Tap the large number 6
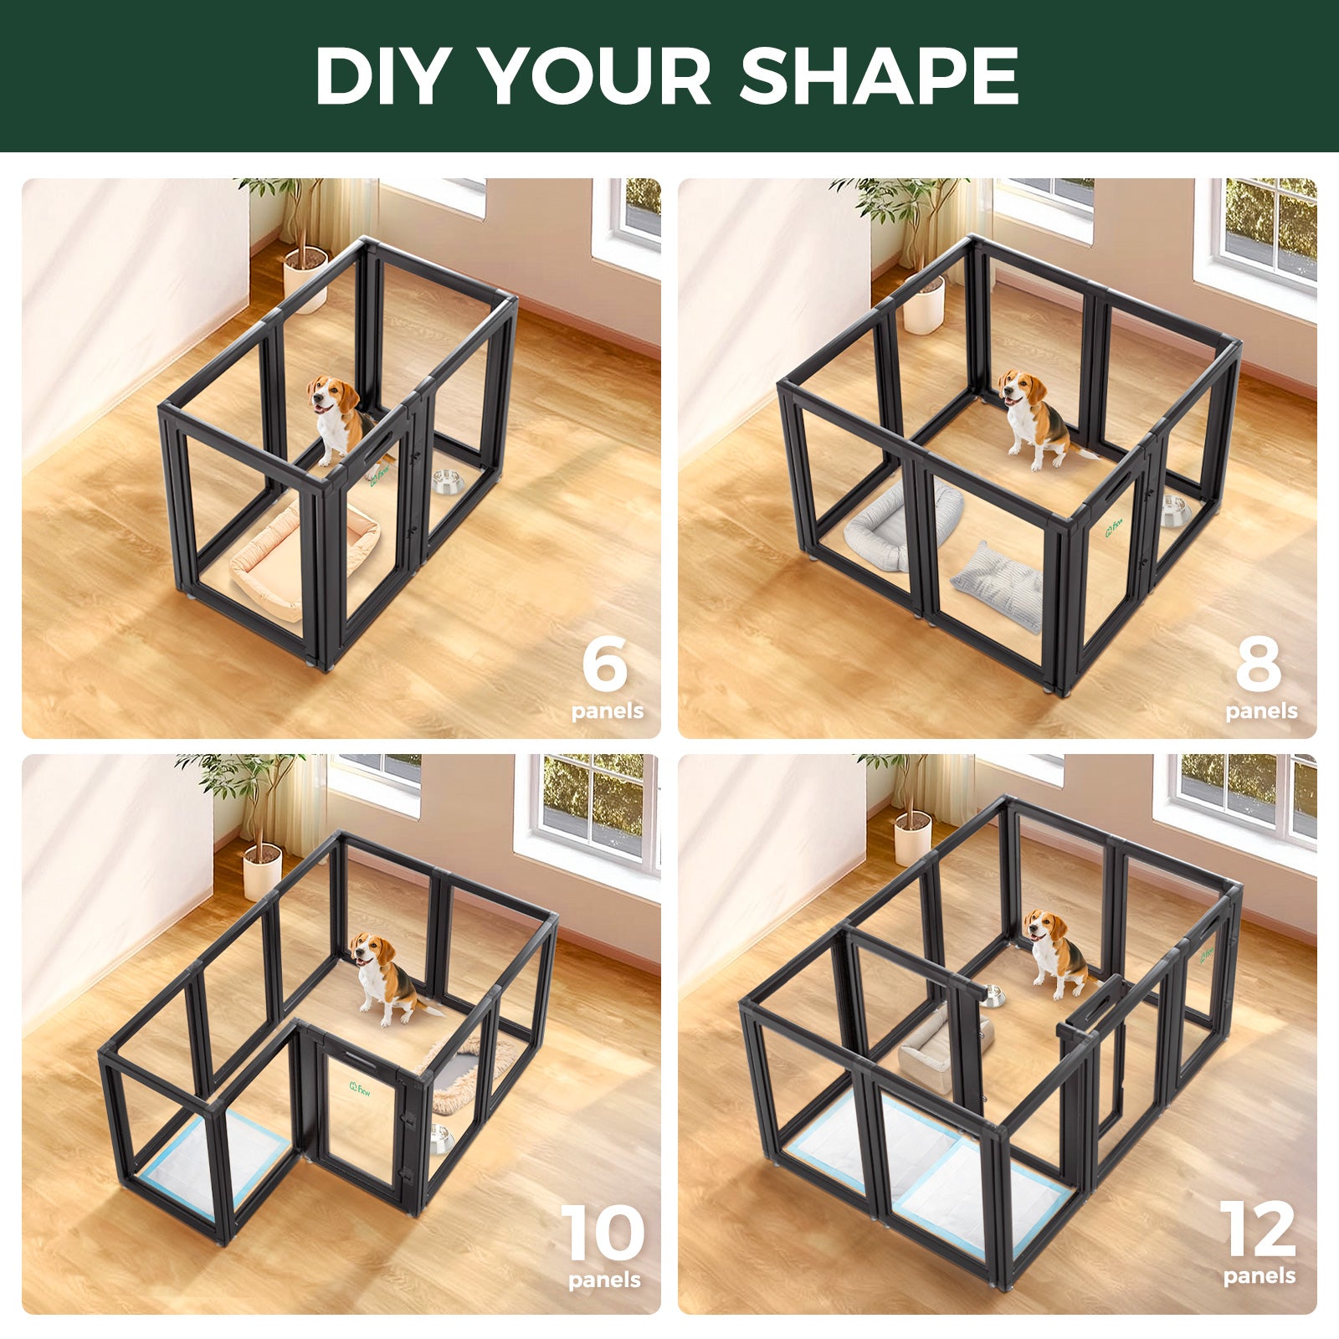604,663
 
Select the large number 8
1258,663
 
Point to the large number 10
603,1234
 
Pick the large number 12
1258,1229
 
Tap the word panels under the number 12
1259,1276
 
